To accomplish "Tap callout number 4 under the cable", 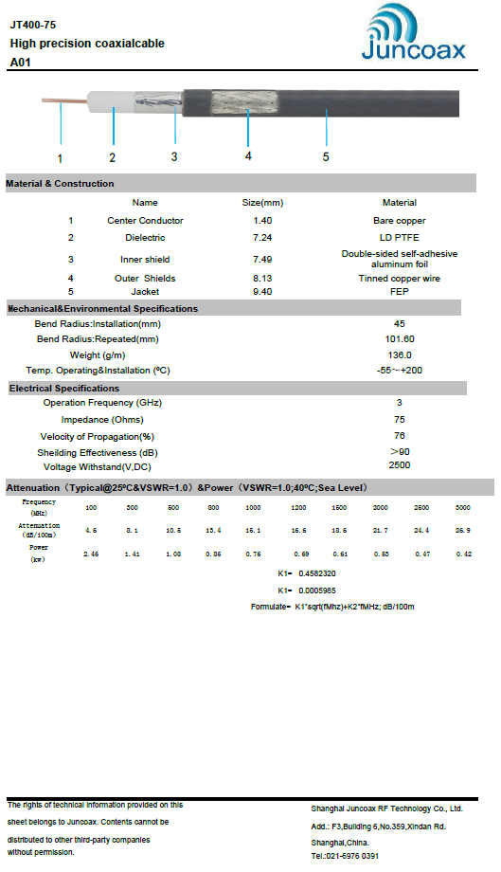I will tap(248, 154).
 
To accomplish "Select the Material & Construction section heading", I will tap(61, 184).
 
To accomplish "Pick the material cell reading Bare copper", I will tap(399, 220).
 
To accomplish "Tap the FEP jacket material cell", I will tap(399, 291).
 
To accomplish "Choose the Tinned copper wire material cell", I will tap(399, 279).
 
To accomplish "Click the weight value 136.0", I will tap(399, 354).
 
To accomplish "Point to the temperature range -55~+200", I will tap(399, 370).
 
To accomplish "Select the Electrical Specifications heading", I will tap(64, 389).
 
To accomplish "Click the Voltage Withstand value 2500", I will tap(399, 465).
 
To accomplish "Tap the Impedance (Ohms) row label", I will tap(102, 420).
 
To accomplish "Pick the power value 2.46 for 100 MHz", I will tap(92, 553).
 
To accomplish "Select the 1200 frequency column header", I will tap(298, 507).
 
